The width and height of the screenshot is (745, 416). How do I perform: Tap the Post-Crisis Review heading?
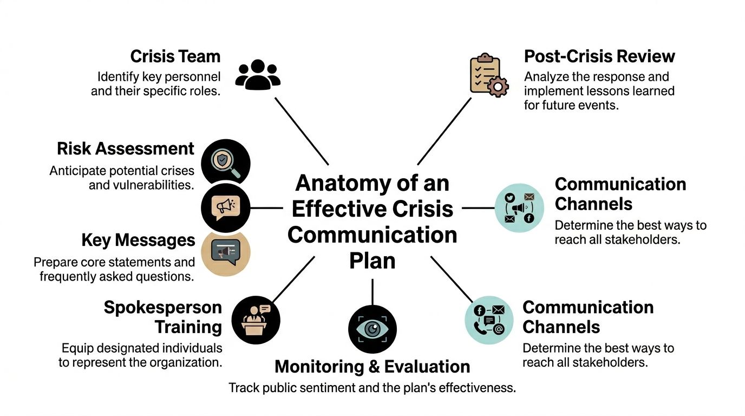[x=599, y=56]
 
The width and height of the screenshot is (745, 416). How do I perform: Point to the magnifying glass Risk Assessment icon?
[x=225, y=162]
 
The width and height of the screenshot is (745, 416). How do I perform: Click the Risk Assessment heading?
[x=125, y=148]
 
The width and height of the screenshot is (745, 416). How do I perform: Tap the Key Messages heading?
[x=138, y=239]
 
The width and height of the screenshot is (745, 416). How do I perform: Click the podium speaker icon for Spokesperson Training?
[x=256, y=320]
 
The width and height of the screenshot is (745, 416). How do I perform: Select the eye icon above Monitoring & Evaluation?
[x=372, y=329]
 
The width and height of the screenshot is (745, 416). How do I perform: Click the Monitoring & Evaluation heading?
[x=372, y=367]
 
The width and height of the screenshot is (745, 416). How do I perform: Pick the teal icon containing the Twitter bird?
[x=519, y=207]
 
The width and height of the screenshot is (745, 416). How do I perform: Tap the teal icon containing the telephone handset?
[x=489, y=321]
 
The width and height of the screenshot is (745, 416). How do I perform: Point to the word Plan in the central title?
[x=372, y=261]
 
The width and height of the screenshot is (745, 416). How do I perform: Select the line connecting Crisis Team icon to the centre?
[x=302, y=131]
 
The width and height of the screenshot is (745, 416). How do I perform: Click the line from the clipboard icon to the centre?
[x=444, y=131]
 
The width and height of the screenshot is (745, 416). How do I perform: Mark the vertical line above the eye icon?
[x=372, y=292]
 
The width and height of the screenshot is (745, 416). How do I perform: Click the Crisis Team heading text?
[x=175, y=56]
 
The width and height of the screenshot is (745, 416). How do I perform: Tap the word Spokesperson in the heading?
[x=162, y=308]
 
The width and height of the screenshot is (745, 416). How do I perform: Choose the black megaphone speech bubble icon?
[x=225, y=207]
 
